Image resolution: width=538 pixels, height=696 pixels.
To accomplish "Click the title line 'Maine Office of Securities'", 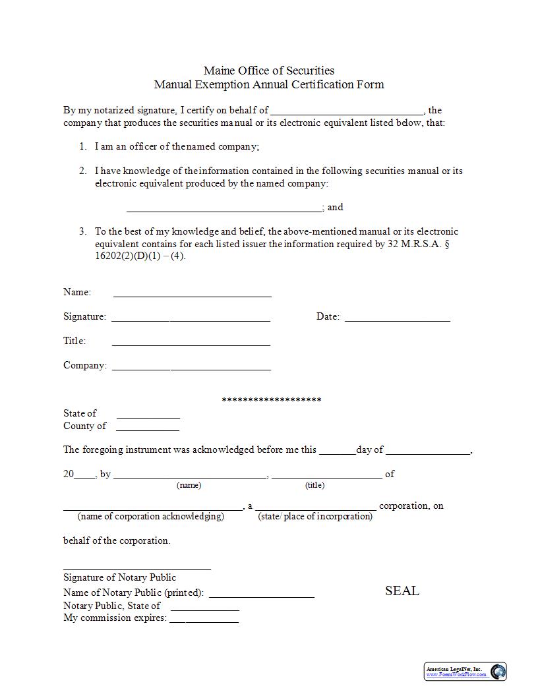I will (268, 71).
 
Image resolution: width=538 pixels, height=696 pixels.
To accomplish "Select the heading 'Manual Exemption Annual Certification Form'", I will (268, 84).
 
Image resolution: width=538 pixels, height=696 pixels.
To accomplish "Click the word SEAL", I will (402, 591).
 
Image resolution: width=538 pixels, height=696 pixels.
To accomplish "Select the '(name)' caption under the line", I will (189, 485).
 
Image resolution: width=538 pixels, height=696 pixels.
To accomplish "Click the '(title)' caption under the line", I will (314, 485).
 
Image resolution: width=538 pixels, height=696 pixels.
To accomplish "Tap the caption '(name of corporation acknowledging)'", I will (150, 516).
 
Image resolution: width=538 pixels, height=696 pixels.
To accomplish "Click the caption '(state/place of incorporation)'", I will (315, 516).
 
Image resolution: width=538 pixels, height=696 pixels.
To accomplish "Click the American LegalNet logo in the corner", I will (465, 671).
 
